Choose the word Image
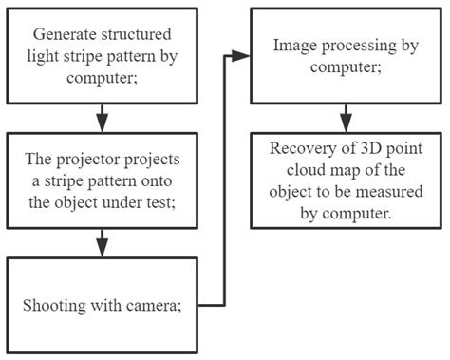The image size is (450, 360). (293, 45)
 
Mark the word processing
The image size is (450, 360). (356, 45)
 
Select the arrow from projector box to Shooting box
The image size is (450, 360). (101, 243)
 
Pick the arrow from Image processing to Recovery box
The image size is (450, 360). (347, 116)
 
